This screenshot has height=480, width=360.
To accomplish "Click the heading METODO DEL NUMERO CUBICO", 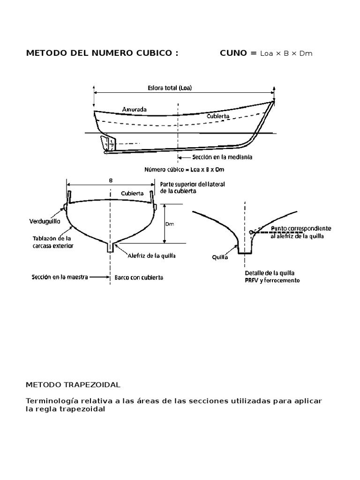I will click(x=102, y=53).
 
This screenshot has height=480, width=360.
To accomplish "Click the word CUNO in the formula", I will click(x=233, y=53).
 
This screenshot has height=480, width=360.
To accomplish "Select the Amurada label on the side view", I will click(x=135, y=109).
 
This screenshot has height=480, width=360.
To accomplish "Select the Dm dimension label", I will click(x=170, y=225).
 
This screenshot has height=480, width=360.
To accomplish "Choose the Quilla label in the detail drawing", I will click(x=220, y=257).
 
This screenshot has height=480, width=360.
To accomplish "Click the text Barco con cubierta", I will click(x=139, y=277).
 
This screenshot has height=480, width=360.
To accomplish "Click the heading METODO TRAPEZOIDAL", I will click(x=73, y=384).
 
